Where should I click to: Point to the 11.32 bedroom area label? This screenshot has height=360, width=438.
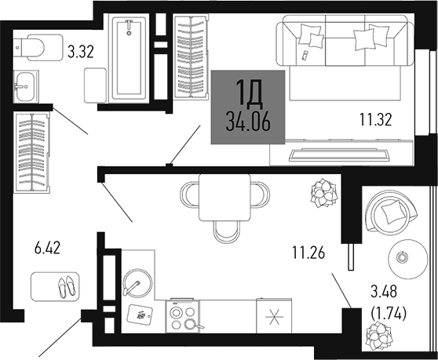point(374,120)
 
